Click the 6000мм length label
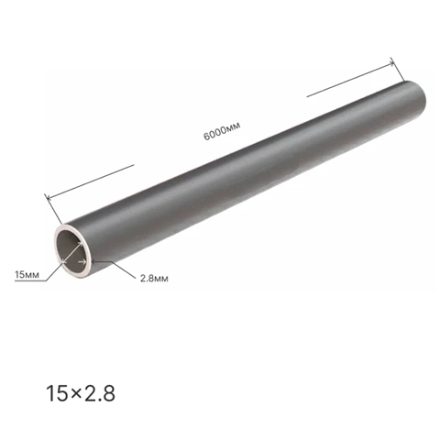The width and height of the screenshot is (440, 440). point(222,131)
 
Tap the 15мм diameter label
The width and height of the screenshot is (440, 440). point(27,275)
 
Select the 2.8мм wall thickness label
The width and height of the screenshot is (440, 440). point(154,279)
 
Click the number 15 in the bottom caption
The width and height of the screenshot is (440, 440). point(57,393)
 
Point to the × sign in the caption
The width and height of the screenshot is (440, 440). point(75,394)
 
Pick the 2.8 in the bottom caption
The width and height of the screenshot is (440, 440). point(99,393)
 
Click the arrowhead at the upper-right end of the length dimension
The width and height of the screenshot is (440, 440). point(391,63)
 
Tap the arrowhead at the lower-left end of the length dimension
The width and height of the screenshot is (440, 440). point(49,198)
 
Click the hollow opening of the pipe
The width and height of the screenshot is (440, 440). point(71,250)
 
